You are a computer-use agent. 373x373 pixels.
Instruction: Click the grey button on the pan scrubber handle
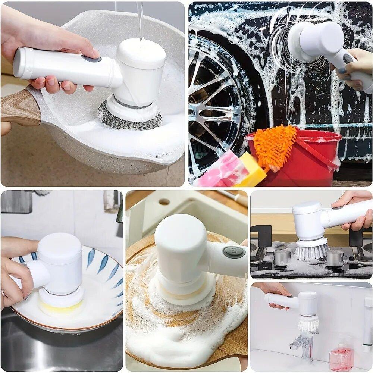pos(91,59)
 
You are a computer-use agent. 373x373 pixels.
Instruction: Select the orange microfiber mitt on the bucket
pos(275,145)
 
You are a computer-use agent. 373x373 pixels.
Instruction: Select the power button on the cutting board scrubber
pos(234,252)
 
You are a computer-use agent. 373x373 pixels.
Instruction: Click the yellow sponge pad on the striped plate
pos(62,307)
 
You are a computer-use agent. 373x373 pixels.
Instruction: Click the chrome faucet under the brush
pos(302,345)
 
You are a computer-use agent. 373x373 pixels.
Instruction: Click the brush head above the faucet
pos(308,323)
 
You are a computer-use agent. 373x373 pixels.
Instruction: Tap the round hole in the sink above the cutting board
pos(164,202)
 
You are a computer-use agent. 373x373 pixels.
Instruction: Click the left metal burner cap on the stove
pos(282,257)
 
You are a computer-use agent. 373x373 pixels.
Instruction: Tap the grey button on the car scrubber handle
pos(348,59)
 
